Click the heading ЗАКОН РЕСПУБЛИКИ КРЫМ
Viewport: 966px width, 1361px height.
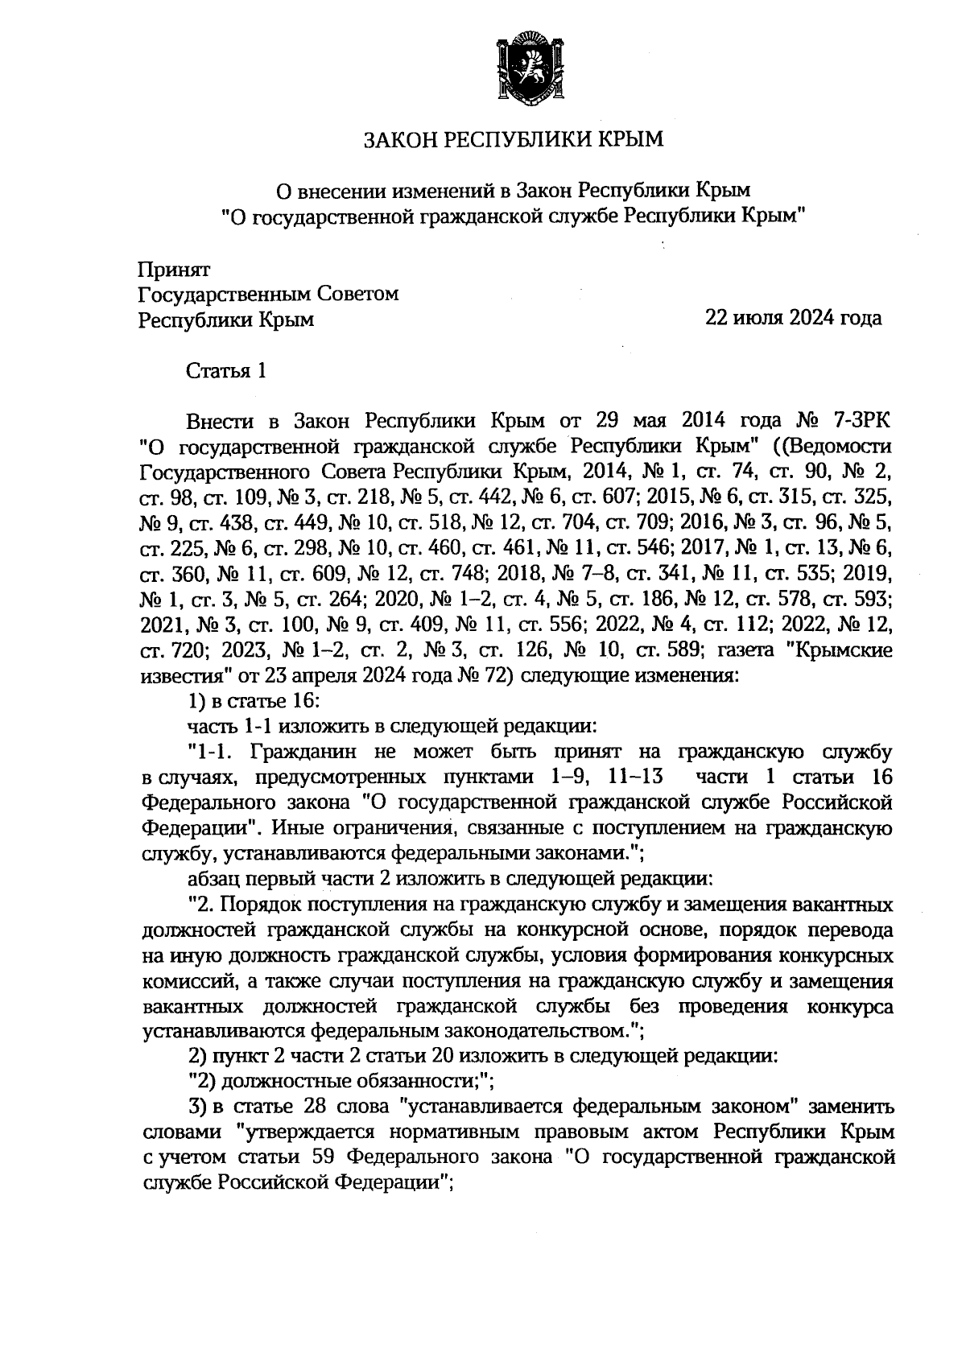(515, 140)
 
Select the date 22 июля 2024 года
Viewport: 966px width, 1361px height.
(793, 319)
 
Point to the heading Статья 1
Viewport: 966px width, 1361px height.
(226, 371)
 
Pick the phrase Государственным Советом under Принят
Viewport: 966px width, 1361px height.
(269, 294)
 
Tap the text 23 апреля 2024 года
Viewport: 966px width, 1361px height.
(341, 674)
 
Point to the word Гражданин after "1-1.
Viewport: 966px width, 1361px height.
(298, 753)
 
